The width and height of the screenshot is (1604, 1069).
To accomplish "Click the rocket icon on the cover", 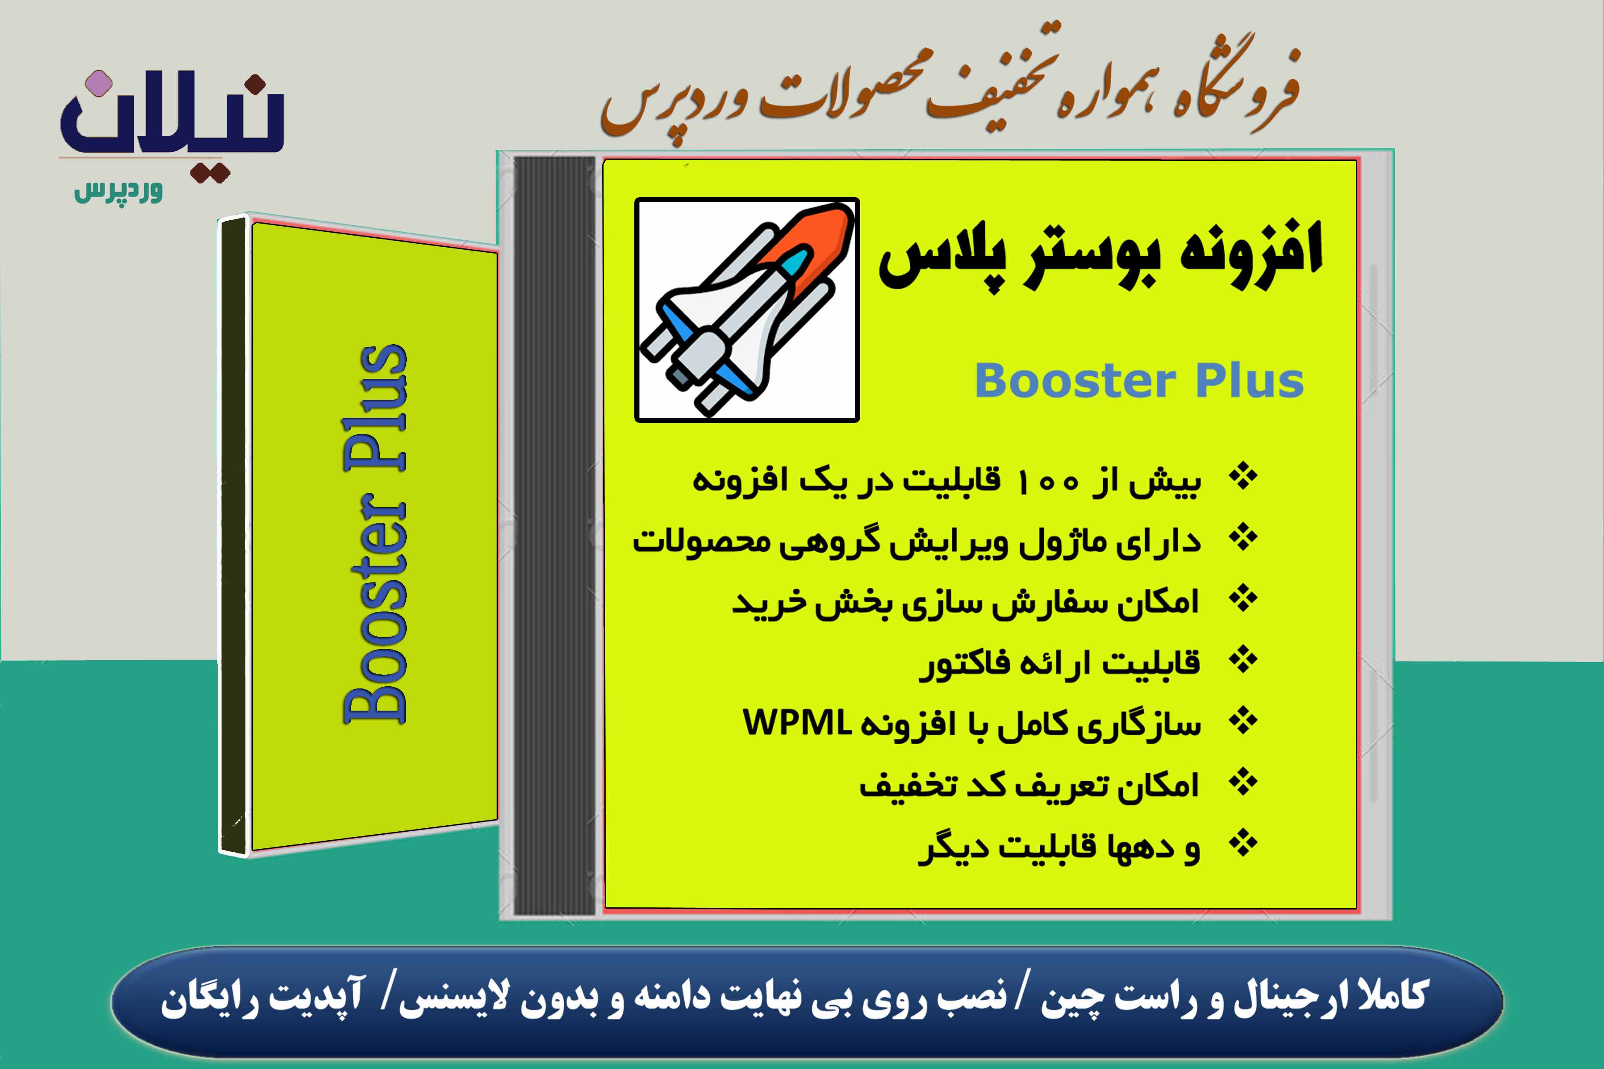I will [747, 310].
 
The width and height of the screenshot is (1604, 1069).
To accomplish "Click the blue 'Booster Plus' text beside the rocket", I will [1139, 381].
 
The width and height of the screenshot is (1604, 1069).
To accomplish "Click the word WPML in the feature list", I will [796, 723].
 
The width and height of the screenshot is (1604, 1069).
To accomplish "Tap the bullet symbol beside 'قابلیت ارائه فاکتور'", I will [1243, 660].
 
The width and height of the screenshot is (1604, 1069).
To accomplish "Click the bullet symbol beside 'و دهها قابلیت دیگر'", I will [1243, 844].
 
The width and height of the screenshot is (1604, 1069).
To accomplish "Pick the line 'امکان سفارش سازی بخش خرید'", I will [965, 602].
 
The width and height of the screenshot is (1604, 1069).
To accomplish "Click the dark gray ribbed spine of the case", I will [554, 535].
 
